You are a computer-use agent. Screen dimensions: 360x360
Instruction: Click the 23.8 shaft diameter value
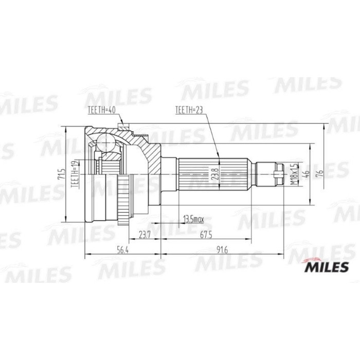[x=215, y=174]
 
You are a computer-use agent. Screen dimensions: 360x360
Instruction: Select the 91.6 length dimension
[x=222, y=250]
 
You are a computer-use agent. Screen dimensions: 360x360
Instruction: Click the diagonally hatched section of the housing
[x=149, y=149]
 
